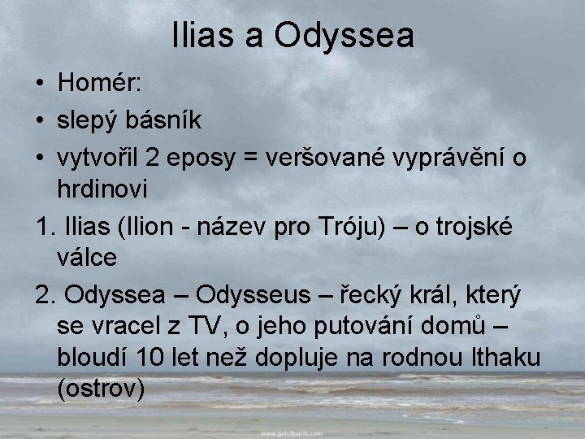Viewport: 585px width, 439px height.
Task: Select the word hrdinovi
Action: click(x=103, y=189)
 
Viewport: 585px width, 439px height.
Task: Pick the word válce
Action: click(x=88, y=258)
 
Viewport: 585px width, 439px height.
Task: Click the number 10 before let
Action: click(x=155, y=357)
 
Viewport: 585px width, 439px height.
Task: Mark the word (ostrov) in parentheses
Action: click(x=102, y=389)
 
